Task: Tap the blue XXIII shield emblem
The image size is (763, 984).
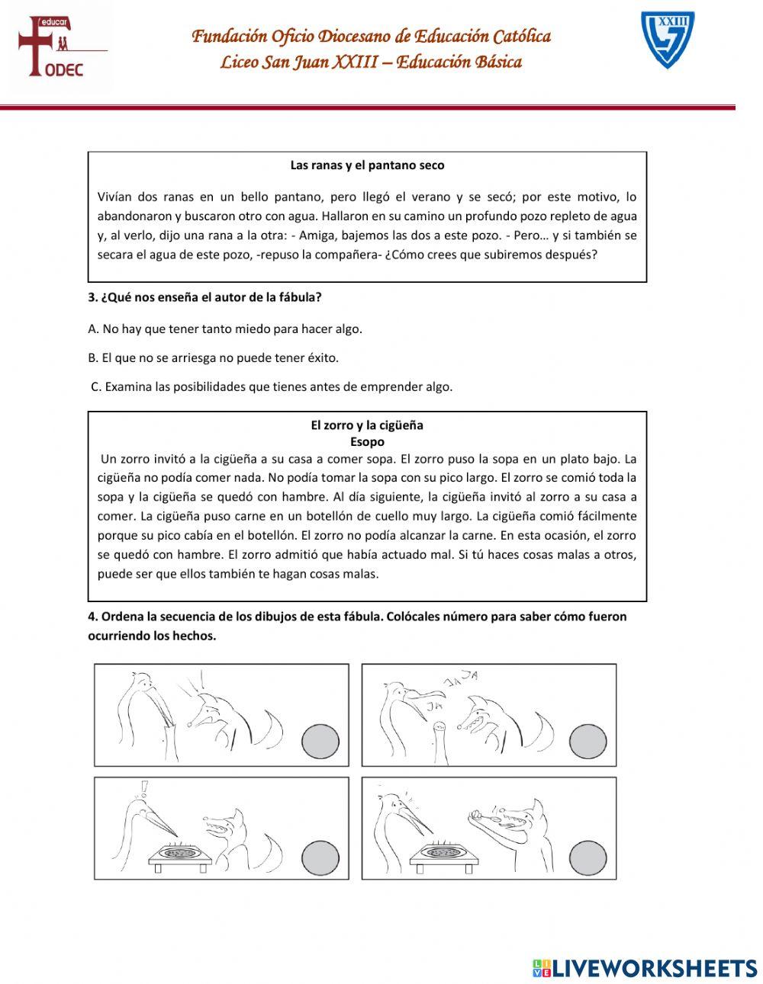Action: click(x=667, y=40)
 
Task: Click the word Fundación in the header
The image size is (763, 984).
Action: click(x=227, y=36)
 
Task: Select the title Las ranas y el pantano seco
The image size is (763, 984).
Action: click(x=367, y=165)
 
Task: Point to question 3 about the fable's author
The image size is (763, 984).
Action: click(x=204, y=297)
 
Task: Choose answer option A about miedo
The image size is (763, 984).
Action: click(x=225, y=329)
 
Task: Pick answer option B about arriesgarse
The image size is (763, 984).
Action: click(x=214, y=357)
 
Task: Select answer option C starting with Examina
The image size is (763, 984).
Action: click(x=272, y=386)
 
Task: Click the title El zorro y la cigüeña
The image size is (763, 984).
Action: click(x=367, y=425)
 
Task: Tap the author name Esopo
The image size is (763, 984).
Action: click(x=367, y=441)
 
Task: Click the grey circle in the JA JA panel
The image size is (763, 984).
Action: click(x=588, y=741)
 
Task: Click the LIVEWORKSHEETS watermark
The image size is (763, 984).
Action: click(x=644, y=967)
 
